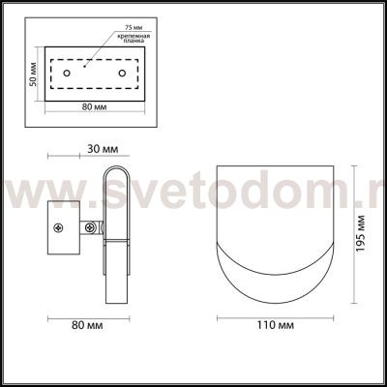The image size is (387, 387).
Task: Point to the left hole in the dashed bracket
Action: click(66, 74)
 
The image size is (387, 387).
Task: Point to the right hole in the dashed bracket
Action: click(122, 74)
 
